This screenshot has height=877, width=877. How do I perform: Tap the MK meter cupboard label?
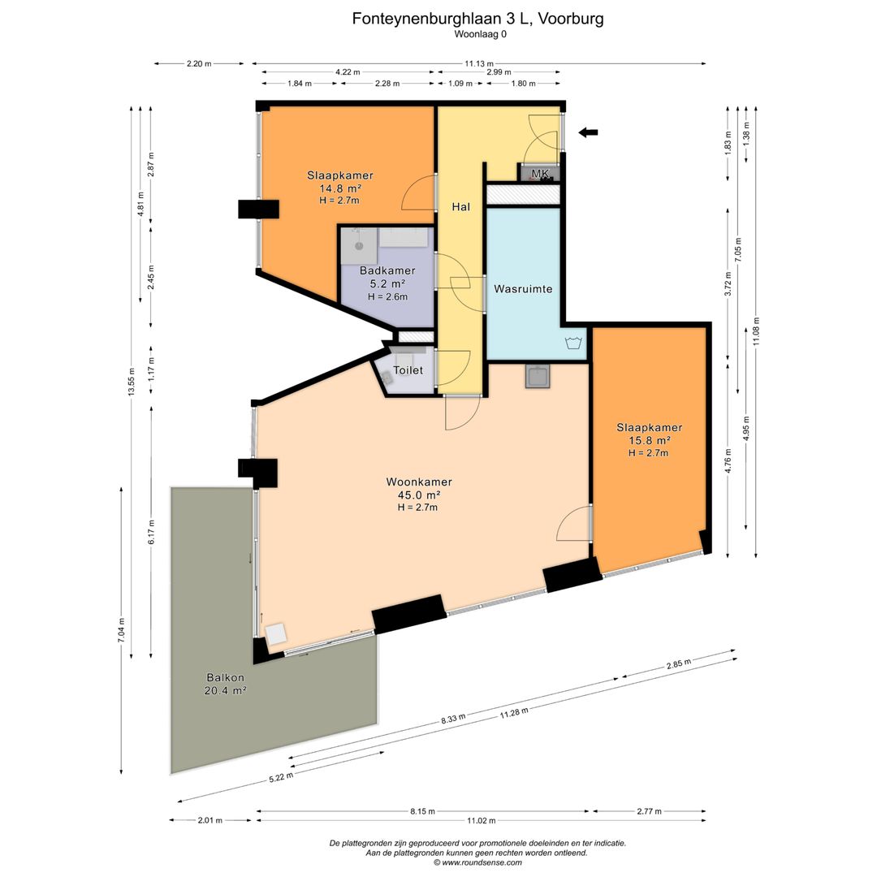(x=541, y=174)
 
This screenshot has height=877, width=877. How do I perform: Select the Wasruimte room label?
(x=523, y=288)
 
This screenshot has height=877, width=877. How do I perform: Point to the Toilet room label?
(x=408, y=370)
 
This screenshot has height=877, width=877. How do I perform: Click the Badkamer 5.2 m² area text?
(x=387, y=284)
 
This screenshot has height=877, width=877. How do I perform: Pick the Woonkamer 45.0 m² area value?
(x=418, y=495)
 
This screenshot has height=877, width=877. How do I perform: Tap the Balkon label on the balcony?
(x=225, y=677)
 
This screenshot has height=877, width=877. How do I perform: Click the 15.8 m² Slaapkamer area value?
(x=649, y=440)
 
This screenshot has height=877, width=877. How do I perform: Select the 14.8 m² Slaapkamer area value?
(x=339, y=188)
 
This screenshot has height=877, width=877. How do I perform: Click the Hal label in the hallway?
(x=461, y=207)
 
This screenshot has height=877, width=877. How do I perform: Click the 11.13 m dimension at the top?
(x=479, y=63)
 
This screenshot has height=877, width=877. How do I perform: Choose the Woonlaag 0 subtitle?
(x=480, y=34)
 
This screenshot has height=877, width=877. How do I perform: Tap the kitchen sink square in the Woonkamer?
(x=537, y=376)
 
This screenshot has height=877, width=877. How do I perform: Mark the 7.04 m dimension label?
(x=121, y=631)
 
